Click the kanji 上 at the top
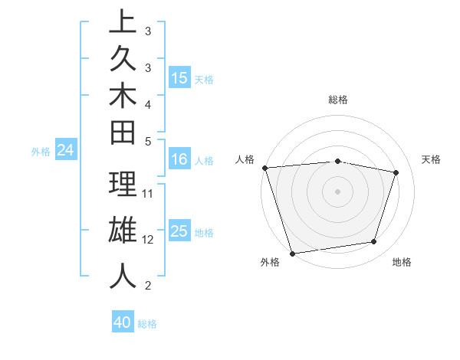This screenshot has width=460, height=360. pos(123,22)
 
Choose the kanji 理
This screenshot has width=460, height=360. pos(123,185)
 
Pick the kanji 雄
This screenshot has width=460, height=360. pos(123,231)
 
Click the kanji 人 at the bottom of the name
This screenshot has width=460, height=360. pos(123,276)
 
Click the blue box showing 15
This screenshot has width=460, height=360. pos(179,77)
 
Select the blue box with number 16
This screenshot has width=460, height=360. pos(179,159)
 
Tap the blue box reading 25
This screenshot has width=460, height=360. pos(179,231)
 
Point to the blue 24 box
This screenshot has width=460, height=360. pos(65,151)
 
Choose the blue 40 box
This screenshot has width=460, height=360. pos(123,322)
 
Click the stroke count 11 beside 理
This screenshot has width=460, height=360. pos(149,193)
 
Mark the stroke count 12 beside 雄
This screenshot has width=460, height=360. pos(149,239)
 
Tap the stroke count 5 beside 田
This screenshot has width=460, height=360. pos(148,141)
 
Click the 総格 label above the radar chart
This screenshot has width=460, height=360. pos(337,100)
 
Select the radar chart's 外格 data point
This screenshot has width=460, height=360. pos(292,253)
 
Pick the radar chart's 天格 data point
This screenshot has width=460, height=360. pos(396,172)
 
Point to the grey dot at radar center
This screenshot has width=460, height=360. pos(337,191)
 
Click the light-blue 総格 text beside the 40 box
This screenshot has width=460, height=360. pos(148,324)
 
